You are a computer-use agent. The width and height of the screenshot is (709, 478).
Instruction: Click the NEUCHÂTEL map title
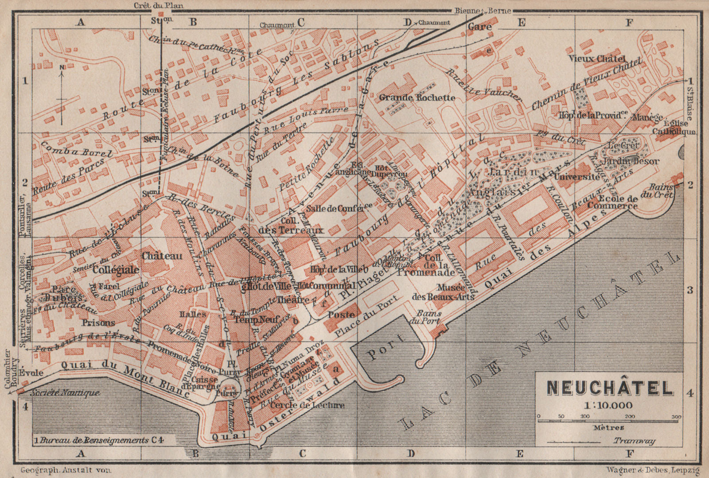click(x=610, y=388)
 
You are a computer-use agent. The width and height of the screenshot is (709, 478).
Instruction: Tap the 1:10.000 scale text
click(x=608, y=405)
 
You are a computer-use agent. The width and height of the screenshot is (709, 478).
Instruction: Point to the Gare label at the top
click(x=480, y=27)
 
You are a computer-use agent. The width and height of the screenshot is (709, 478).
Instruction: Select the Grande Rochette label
click(x=417, y=97)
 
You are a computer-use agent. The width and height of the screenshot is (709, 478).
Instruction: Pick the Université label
click(x=576, y=176)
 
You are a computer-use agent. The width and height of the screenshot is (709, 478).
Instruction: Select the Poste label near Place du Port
click(x=341, y=315)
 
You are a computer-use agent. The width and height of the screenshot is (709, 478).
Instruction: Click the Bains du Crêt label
click(x=662, y=191)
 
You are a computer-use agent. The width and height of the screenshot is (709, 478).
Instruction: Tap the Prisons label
click(x=98, y=323)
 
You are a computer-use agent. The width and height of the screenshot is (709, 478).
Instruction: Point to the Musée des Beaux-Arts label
click(x=443, y=292)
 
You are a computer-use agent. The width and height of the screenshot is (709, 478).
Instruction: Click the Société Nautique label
click(x=65, y=393)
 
